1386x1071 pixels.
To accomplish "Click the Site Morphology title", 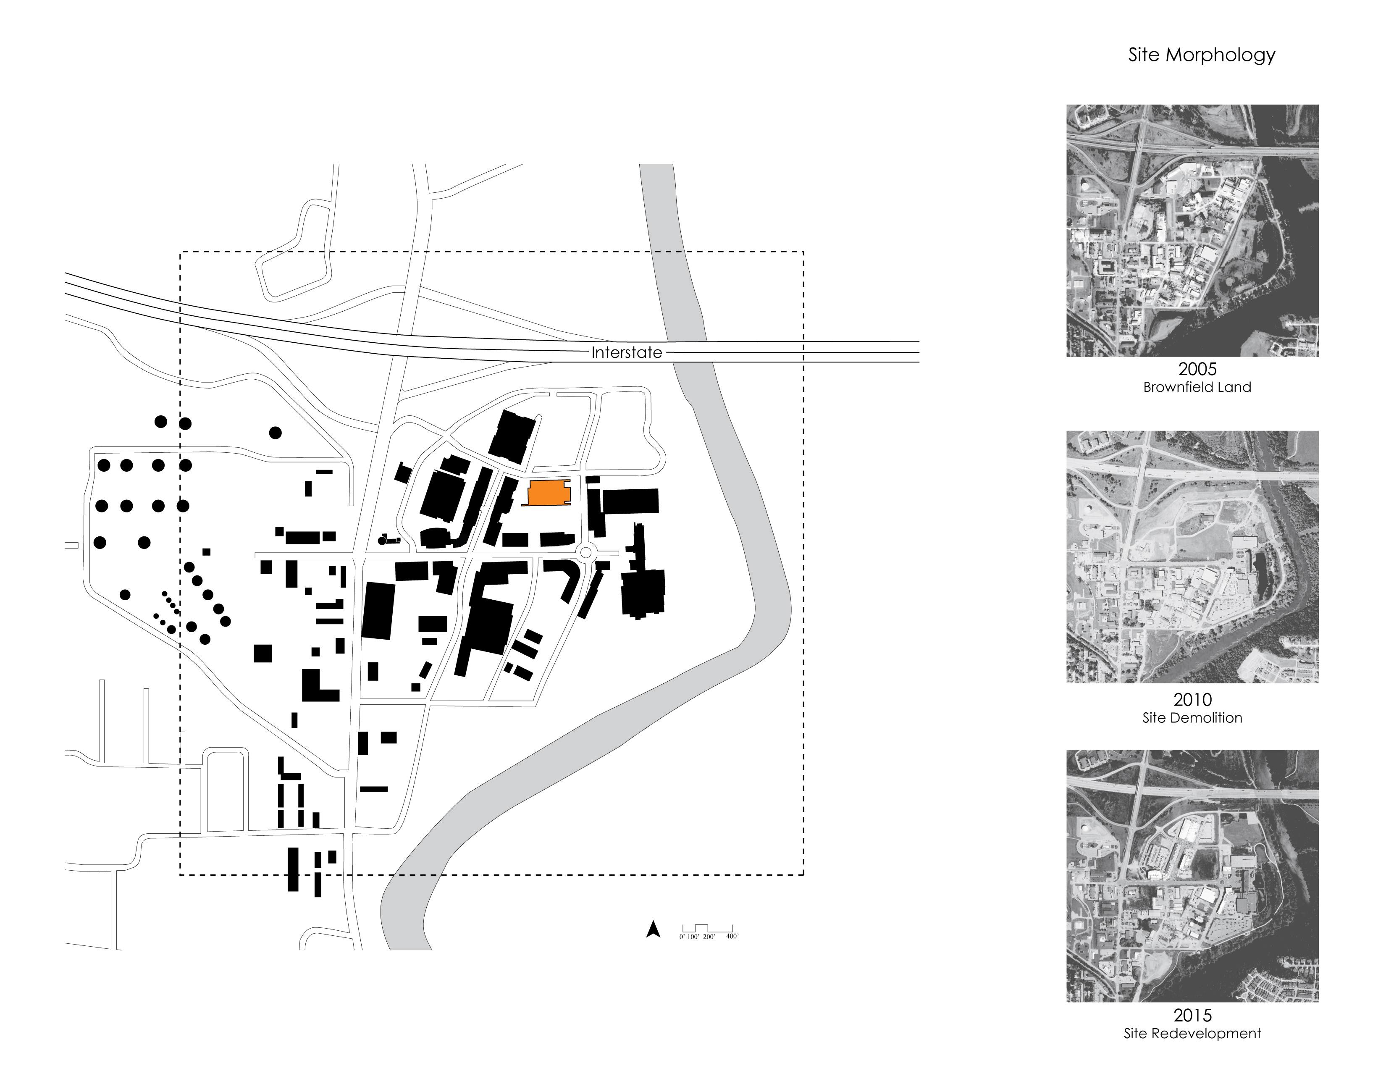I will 1201,55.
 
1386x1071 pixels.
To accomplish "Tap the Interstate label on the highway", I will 626,353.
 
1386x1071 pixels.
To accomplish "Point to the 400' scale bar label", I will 732,937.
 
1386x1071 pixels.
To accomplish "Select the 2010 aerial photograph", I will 1192,556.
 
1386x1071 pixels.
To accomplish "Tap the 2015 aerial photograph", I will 1192,876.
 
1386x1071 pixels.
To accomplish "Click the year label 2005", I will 1197,369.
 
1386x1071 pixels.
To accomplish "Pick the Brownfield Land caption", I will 1197,387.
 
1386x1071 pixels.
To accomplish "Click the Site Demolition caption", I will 1192,718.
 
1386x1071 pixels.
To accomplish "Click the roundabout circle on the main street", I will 586,553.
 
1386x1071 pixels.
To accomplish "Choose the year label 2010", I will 1192,700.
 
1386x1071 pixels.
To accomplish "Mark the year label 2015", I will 1192,1015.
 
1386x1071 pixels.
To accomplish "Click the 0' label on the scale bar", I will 682,937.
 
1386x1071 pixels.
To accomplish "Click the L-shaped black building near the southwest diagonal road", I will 317,687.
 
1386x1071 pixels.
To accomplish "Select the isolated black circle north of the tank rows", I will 275,433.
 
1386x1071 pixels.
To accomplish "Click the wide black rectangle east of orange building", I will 630,501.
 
